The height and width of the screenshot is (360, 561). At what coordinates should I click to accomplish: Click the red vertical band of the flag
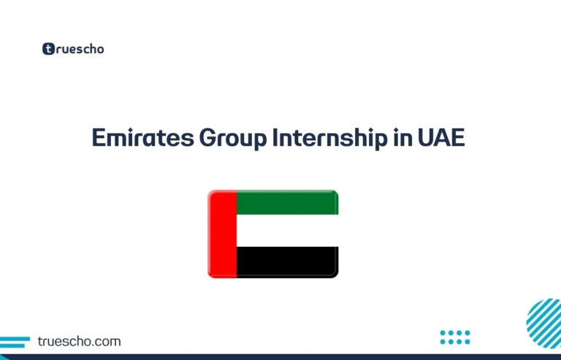tap(222, 234)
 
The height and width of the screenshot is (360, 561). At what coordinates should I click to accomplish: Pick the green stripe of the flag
tap(287, 203)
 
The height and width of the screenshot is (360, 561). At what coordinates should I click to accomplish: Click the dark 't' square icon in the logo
tap(49, 50)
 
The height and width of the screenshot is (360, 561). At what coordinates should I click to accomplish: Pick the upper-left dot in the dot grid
tap(443, 333)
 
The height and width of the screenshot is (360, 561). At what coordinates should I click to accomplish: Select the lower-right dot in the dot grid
tap(467, 342)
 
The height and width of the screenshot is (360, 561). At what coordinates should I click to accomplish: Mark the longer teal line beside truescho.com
tap(15, 338)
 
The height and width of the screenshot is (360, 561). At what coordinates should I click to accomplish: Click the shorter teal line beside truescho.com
tap(10, 345)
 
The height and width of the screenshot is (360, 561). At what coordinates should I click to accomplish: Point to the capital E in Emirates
tap(98, 138)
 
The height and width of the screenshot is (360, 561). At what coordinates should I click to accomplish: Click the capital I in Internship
tap(276, 138)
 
